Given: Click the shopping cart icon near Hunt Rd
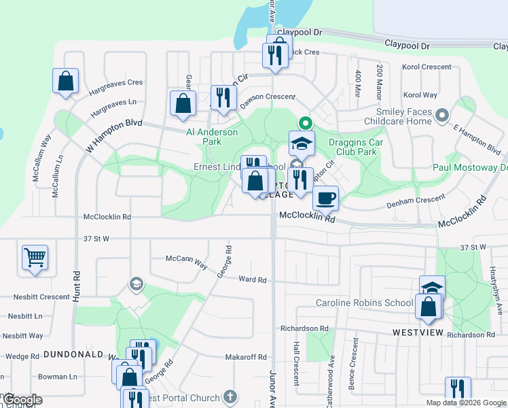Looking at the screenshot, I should pyautogui.click(x=35, y=258).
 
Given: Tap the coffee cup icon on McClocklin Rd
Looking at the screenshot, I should pyautogui.click(x=326, y=198).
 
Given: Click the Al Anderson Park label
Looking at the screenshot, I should pyautogui.click(x=213, y=137).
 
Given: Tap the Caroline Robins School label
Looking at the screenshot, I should pyautogui.click(x=364, y=302).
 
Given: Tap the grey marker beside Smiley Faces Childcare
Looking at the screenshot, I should pyautogui.click(x=443, y=115).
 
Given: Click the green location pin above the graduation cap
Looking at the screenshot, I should pyautogui.click(x=305, y=124).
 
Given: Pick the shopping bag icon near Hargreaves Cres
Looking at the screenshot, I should pyautogui.click(x=65, y=81).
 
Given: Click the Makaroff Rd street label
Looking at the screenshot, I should pyautogui.click(x=245, y=357).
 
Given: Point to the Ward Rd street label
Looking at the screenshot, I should pyautogui.click(x=253, y=279).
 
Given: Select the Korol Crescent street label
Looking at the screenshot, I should pyautogui.click(x=427, y=67).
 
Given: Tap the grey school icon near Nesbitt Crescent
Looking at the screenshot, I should pyautogui.click(x=136, y=284).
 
